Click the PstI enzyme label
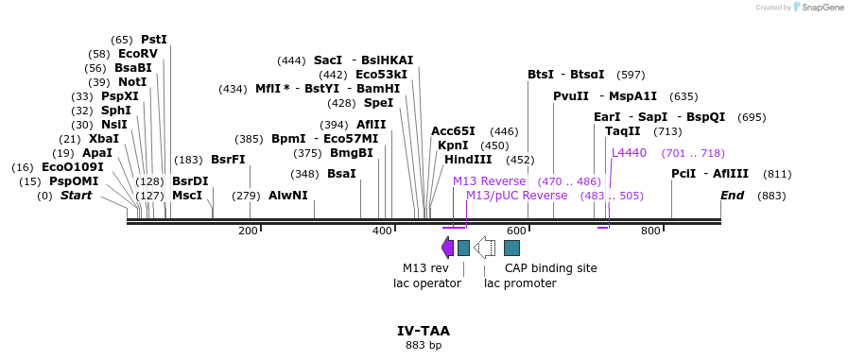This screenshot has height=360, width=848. [x=153, y=40]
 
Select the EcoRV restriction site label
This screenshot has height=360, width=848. [x=138, y=54]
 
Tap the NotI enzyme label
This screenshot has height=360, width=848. [x=132, y=82]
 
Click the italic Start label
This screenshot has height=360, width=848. [x=77, y=196]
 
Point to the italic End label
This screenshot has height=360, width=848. [x=732, y=196]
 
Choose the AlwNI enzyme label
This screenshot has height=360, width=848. [x=288, y=196]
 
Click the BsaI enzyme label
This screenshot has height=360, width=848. [x=341, y=174]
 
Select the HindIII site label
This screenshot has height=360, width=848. [x=468, y=160]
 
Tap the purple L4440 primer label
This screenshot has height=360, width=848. [x=629, y=153]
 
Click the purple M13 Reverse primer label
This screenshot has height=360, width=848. [x=489, y=181]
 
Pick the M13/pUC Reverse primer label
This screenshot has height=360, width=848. [x=516, y=196]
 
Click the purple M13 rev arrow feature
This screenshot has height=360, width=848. [x=447, y=248]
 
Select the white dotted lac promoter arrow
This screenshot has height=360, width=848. [x=485, y=248]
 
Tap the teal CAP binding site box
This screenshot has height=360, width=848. [x=511, y=248]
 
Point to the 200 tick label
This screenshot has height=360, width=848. [x=248, y=231]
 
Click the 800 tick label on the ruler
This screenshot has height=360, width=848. [x=650, y=231]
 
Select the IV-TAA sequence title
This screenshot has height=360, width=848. [x=424, y=331]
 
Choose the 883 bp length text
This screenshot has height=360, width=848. [x=424, y=346]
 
